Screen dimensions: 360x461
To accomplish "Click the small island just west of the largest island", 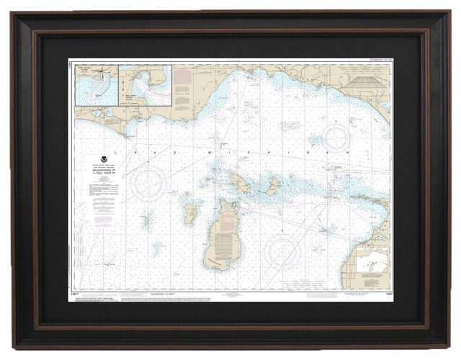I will (190, 214).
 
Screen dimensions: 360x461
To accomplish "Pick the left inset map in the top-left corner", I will (97, 85).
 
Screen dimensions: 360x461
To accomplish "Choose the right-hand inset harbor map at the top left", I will (146, 85).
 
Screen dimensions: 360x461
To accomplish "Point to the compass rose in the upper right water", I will (335, 138).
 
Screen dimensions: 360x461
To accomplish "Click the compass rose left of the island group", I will (148, 182).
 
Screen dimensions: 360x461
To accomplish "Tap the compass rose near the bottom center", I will (282, 252).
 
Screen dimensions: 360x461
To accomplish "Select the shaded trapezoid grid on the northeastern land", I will (365, 84).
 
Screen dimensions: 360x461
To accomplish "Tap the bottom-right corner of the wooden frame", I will (447, 346).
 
